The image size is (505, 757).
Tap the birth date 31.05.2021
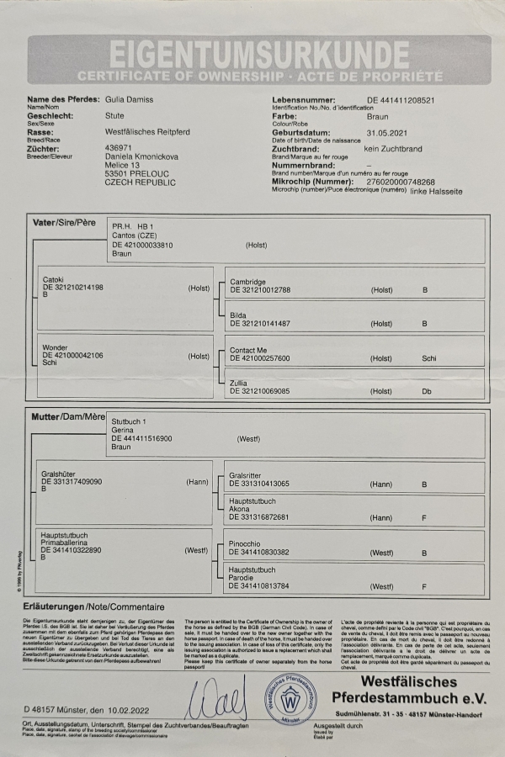click(x=388, y=132)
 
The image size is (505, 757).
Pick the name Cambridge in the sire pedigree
click(x=247, y=281)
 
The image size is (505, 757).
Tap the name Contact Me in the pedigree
click(x=250, y=349)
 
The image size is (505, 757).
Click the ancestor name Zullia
click(x=239, y=383)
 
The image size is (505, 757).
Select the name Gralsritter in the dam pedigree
click(x=248, y=475)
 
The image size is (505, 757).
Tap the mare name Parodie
click(x=242, y=578)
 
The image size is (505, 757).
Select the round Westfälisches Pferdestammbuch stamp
click(x=293, y=695)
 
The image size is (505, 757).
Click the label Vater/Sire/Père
click(x=64, y=223)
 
